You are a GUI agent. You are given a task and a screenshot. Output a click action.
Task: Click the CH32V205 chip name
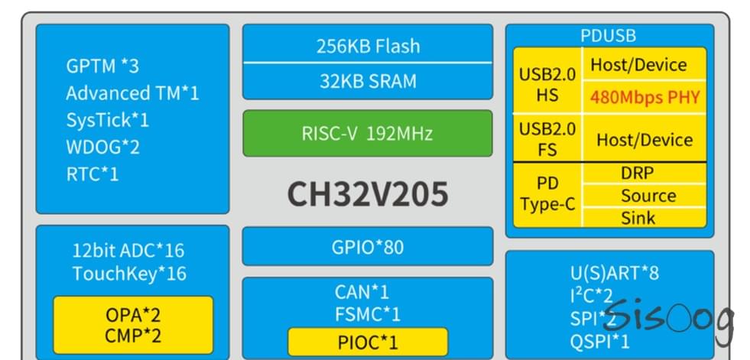pyautogui.click(x=367, y=194)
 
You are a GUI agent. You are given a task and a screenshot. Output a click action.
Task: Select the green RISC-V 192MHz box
pyautogui.click(x=367, y=134)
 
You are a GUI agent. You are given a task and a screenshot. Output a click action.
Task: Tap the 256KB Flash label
pyautogui.click(x=368, y=46)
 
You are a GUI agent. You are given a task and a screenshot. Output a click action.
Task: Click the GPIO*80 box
pyautogui.click(x=367, y=247)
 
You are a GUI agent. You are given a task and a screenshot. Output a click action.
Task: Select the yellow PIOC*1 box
pyautogui.click(x=367, y=342)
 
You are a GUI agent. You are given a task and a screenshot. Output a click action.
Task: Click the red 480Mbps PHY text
pyautogui.click(x=644, y=98)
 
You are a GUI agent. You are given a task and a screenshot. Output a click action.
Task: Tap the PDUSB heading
pyautogui.click(x=609, y=36)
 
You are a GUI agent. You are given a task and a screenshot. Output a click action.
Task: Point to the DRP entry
pyautogui.click(x=637, y=174)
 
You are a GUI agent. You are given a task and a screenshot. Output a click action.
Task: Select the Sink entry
pyautogui.click(x=638, y=218)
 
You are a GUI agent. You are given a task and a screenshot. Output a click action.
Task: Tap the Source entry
pyautogui.click(x=648, y=196)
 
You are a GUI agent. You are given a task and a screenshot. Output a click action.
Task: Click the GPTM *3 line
pyautogui.click(x=102, y=66)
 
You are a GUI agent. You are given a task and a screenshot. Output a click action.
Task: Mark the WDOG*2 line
pyautogui.click(x=102, y=147)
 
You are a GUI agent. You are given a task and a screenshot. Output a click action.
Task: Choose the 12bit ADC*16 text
pyautogui.click(x=128, y=250)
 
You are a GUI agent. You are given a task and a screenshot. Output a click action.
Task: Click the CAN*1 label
pyautogui.click(x=362, y=291)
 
